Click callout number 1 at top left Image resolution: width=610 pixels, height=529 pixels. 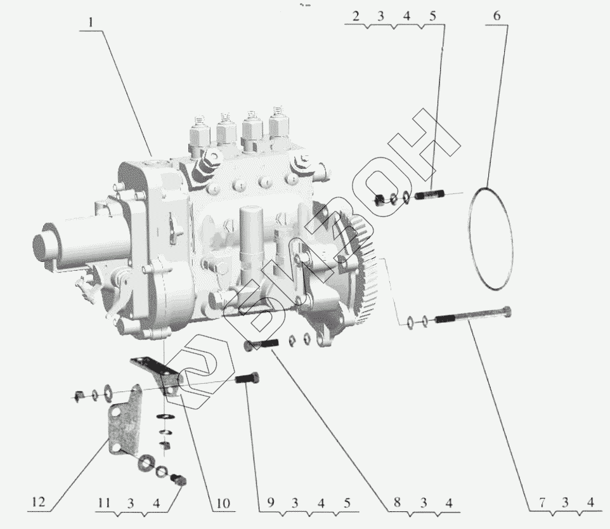(91, 22)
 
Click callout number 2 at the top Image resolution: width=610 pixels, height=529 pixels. (356, 16)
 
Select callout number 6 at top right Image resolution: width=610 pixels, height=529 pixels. (496, 16)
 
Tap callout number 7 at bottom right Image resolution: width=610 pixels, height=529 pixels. (542, 502)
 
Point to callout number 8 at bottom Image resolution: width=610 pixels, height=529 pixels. (397, 502)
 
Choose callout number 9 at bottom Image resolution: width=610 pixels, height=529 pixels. (270, 502)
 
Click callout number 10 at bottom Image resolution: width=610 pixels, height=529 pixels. (223, 503)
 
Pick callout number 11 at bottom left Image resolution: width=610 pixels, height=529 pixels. (103, 503)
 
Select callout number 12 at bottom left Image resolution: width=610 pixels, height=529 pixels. (39, 502)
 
